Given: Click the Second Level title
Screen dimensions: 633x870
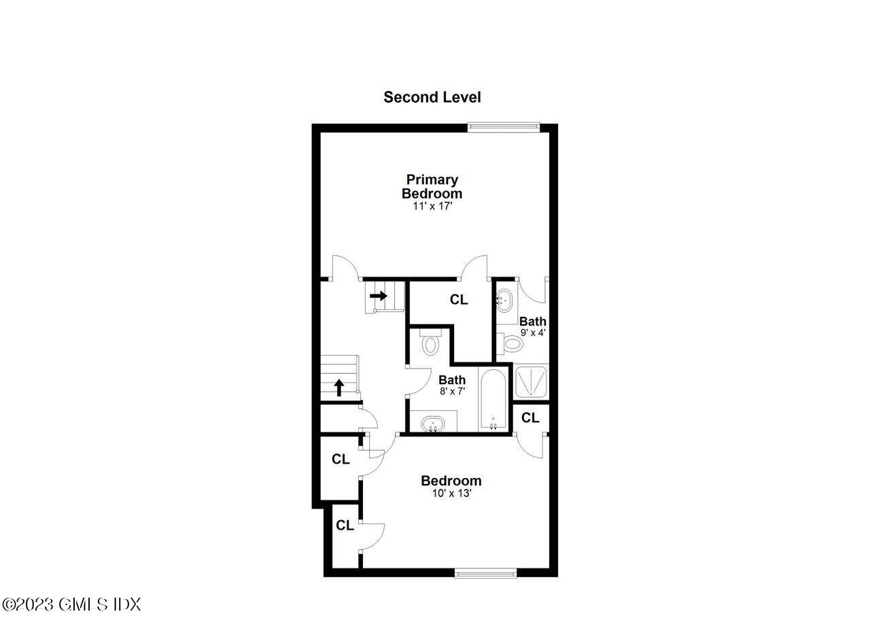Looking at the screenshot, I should pyautogui.click(x=432, y=97).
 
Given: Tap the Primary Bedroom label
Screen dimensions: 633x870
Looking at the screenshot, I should pyautogui.click(x=432, y=186).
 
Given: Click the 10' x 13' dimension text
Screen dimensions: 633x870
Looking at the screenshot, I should pyautogui.click(x=451, y=494).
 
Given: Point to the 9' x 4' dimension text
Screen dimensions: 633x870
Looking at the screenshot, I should pyautogui.click(x=533, y=333).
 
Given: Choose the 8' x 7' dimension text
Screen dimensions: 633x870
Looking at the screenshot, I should pyautogui.click(x=452, y=392).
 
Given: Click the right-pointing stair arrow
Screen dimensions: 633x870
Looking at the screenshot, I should pyautogui.click(x=379, y=296).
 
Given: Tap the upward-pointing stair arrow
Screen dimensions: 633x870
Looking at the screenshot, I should pyautogui.click(x=338, y=388).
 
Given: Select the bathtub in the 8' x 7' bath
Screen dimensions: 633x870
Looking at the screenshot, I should pyautogui.click(x=493, y=400).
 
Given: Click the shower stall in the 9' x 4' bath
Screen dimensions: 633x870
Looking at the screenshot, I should pyautogui.click(x=532, y=382).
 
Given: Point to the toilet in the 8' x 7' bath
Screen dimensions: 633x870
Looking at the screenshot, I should pyautogui.click(x=430, y=342).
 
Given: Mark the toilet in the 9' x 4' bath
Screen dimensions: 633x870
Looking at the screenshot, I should pyautogui.click(x=512, y=345).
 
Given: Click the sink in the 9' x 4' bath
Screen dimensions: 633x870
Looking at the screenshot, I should pyautogui.click(x=504, y=300).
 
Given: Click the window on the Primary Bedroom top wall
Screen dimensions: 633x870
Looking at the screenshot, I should pyautogui.click(x=504, y=126).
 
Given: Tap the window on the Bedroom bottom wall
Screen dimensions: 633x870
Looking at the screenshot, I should pyautogui.click(x=485, y=573).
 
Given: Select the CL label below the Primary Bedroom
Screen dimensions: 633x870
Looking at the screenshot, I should pyautogui.click(x=459, y=300).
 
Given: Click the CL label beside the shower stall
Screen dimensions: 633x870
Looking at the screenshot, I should pyautogui.click(x=530, y=417).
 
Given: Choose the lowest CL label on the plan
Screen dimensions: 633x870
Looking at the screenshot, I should pyautogui.click(x=345, y=526).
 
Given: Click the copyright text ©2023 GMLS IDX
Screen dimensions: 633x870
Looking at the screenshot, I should pyautogui.click(x=71, y=604).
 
